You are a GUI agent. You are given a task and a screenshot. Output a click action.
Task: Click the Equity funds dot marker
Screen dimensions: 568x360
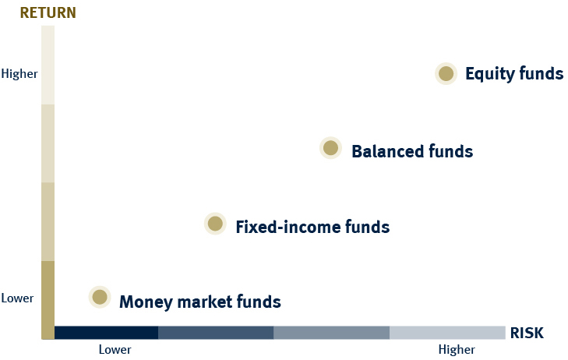click(446, 73)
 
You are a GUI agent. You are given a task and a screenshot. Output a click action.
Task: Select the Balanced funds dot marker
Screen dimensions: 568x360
click(330, 148)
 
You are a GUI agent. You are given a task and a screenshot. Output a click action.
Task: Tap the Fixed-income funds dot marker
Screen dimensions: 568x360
click(215, 224)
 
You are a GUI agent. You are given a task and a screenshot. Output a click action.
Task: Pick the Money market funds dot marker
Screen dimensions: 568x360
click(100, 297)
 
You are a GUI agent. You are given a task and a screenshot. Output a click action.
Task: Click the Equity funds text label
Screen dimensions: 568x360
click(514, 73)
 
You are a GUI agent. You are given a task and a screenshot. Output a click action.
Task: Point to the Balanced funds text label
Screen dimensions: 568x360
click(412, 151)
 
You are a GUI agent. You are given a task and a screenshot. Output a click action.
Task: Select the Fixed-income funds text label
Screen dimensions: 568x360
click(312, 227)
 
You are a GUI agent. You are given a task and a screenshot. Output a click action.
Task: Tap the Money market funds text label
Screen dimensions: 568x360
click(200, 302)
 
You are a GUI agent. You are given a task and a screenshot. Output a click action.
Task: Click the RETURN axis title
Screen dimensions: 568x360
click(48, 12)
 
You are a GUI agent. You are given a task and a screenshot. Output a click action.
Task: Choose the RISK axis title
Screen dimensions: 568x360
click(527, 333)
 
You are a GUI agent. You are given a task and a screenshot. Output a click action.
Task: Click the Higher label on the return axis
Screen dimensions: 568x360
click(19, 74)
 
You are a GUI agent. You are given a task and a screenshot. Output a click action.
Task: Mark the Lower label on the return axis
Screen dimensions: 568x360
click(17, 298)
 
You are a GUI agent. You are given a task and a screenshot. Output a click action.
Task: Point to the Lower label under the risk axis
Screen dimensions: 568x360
click(115, 350)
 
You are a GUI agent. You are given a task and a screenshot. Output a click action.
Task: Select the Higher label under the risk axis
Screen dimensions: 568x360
click(457, 350)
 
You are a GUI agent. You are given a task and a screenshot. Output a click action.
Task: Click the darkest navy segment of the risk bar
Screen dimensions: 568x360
click(106, 333)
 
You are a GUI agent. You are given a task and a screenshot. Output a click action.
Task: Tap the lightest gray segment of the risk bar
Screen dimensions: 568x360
click(447, 333)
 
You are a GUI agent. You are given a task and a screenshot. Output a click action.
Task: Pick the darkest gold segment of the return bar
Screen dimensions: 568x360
click(48, 300)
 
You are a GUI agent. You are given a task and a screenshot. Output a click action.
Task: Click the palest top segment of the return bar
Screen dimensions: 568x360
click(48, 65)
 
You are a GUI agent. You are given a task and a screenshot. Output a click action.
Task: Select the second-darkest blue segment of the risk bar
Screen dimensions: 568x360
click(216, 333)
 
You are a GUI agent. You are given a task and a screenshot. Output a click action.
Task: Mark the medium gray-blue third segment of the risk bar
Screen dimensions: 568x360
click(331, 333)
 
